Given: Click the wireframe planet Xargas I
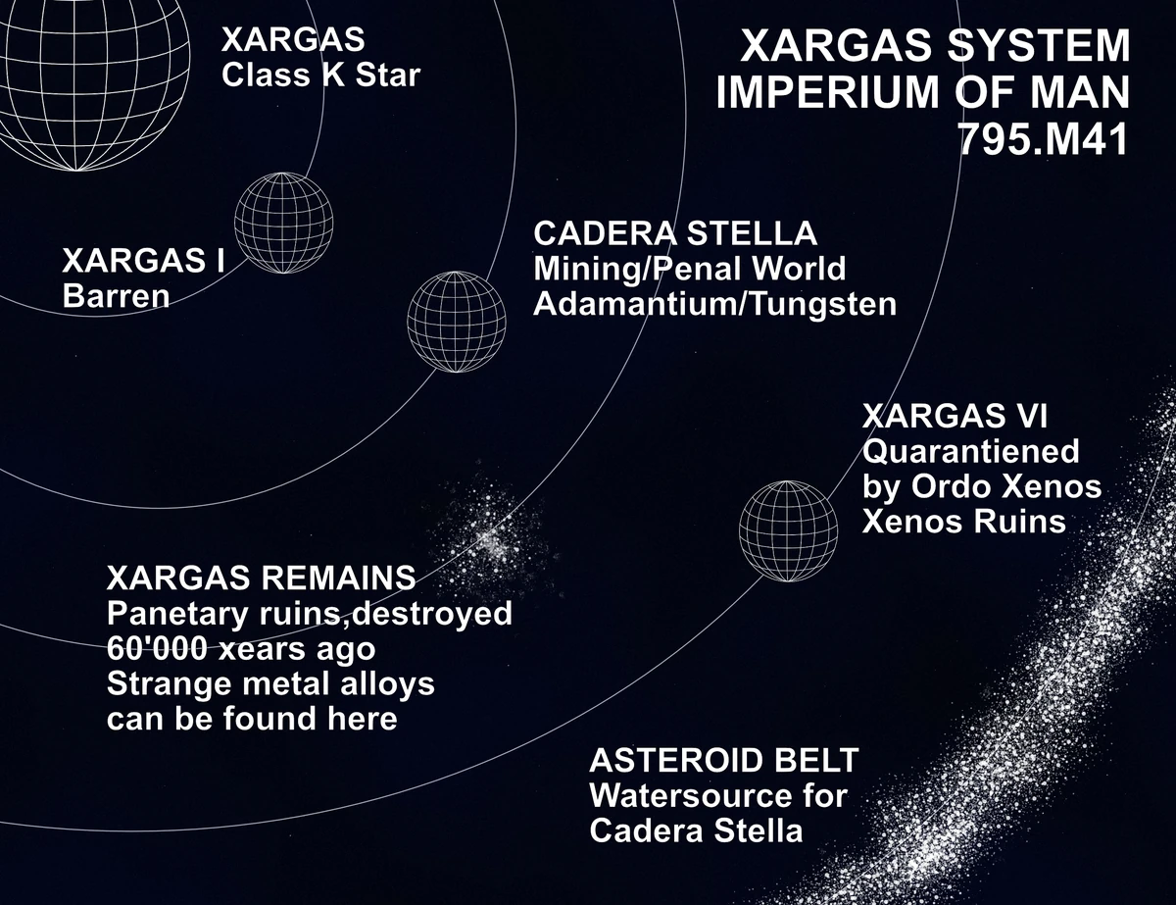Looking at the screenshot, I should click(284, 217).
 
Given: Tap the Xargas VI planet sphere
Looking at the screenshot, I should click(788, 530).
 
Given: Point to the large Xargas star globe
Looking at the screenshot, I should click(93, 74).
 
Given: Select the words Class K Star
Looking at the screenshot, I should click(320, 75).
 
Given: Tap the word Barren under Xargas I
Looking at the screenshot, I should click(116, 295).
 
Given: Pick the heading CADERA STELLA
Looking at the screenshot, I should click(674, 234).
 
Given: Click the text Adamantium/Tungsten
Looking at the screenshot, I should click(714, 304).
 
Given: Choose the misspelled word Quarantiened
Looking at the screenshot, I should click(970, 452).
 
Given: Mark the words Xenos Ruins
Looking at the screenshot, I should click(963, 521).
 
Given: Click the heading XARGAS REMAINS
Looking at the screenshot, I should click(261, 578).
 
